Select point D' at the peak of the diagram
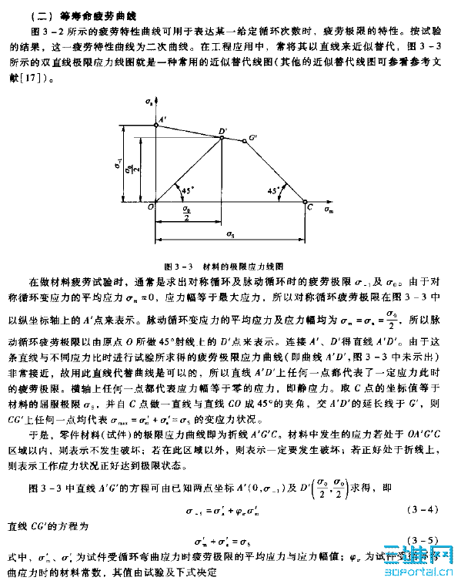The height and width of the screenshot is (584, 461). pyautogui.click(x=222, y=132)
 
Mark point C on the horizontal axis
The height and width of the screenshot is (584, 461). pyautogui.click(x=309, y=206)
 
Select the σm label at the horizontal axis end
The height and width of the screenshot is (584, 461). pyautogui.click(x=329, y=208)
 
